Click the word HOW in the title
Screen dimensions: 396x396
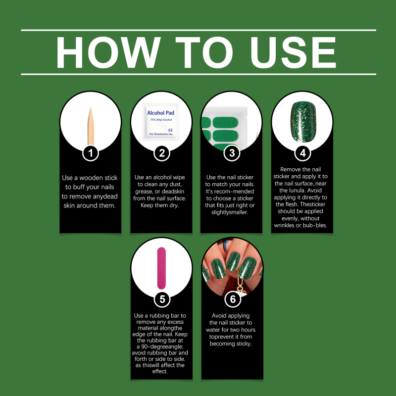(108, 52)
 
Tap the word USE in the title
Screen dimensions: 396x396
(293, 52)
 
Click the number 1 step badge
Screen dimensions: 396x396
(91, 153)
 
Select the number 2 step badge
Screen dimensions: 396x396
(162, 153)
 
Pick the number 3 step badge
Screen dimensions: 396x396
(232, 153)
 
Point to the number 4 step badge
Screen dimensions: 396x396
(302, 153)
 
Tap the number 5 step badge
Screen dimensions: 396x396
(162, 299)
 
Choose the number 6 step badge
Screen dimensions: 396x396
(233, 299)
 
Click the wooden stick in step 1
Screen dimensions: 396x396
(91, 126)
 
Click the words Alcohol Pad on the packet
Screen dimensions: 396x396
(160, 113)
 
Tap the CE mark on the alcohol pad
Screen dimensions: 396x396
(170, 130)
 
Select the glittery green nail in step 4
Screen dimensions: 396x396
(303, 121)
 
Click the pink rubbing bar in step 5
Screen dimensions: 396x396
(161, 268)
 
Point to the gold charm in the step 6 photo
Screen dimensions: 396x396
(240, 285)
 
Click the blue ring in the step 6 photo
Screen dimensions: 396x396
(226, 245)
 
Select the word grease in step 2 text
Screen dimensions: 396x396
(144, 192)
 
